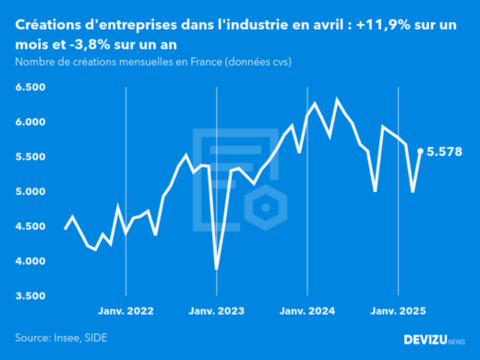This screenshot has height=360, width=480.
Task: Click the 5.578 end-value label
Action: coord(445,151)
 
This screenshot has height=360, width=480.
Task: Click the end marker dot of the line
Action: coord(421,151)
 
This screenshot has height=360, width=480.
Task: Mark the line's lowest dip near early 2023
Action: coord(217,269)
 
